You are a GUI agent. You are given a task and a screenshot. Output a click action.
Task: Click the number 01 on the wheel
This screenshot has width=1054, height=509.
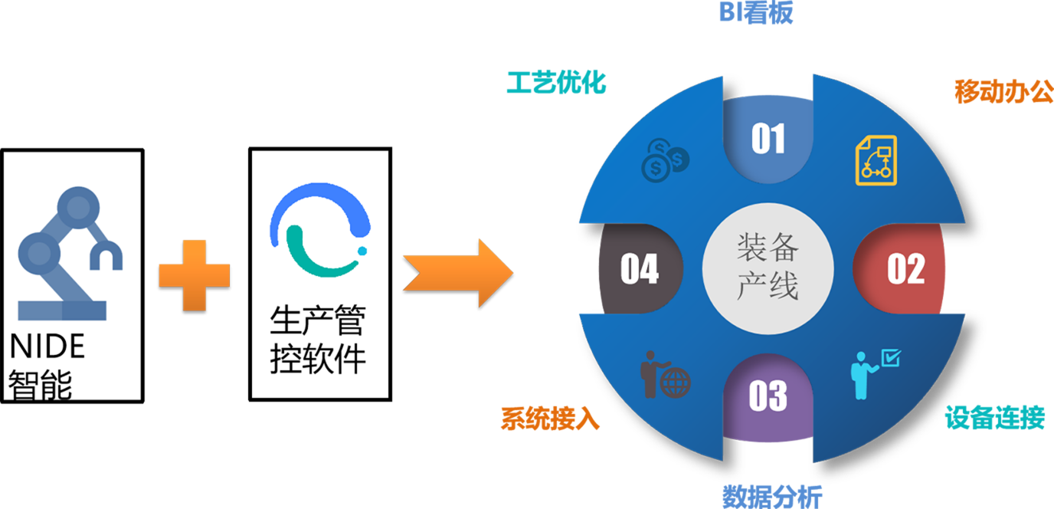pyautogui.click(x=768, y=139)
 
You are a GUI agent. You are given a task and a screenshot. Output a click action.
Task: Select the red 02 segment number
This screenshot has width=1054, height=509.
pyautogui.click(x=905, y=269)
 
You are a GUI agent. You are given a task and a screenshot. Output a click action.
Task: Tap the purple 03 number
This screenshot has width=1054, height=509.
pyautogui.click(x=768, y=396)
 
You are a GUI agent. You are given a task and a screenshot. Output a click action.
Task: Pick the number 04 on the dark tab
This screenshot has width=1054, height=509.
pyautogui.click(x=639, y=269)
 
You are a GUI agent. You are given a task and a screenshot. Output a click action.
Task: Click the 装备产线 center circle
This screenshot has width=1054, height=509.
pyautogui.click(x=768, y=268)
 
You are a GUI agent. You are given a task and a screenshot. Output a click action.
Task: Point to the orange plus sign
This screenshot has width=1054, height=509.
pyautogui.click(x=194, y=274)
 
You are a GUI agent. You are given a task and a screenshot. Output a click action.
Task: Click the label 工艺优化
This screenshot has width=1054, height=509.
pyautogui.click(x=556, y=83)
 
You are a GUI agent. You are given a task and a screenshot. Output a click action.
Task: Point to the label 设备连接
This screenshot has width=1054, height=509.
pyautogui.click(x=994, y=418)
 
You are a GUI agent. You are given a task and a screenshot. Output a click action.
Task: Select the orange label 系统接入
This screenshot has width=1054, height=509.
pyautogui.click(x=550, y=419)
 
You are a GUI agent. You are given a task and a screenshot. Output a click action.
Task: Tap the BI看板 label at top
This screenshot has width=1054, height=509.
pyautogui.click(x=755, y=13)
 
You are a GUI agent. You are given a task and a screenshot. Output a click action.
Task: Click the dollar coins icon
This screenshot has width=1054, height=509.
pyautogui.click(x=664, y=159)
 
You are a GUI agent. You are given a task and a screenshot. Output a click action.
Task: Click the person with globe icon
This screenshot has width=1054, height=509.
pyautogui.click(x=664, y=375)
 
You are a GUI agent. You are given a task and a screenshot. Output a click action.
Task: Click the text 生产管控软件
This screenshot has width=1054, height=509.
pyautogui.click(x=318, y=340)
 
